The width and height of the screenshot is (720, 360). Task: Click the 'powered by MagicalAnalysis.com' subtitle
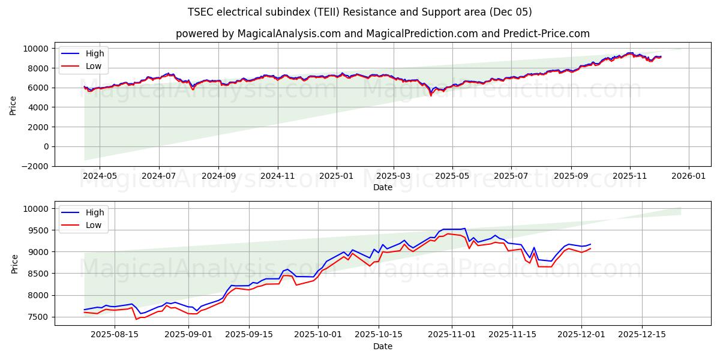(382, 34)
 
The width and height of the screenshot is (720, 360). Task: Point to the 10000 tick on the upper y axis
(37, 49)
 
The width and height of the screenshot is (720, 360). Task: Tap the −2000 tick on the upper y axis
(34, 166)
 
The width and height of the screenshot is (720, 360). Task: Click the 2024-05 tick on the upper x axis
(100, 176)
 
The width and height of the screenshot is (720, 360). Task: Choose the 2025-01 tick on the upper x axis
(336, 176)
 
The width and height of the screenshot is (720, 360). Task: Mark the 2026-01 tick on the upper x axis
(688, 176)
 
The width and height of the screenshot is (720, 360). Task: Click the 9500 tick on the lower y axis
(39, 230)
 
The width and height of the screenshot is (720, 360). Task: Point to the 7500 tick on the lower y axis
(39, 317)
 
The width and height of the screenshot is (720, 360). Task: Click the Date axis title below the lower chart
(382, 346)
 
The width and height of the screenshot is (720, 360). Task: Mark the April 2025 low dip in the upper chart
(430, 95)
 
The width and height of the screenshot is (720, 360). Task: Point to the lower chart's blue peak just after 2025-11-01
(464, 229)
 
